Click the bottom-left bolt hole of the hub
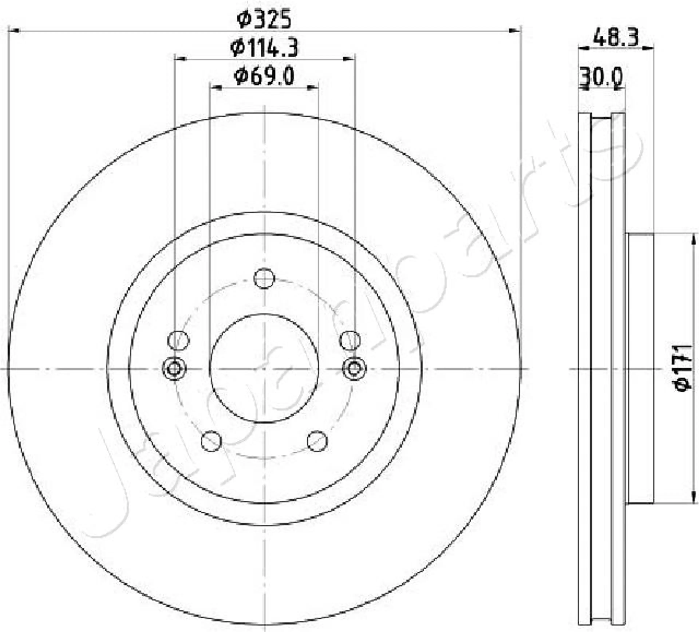coord(211,441)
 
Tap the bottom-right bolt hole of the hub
coord(317,441)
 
